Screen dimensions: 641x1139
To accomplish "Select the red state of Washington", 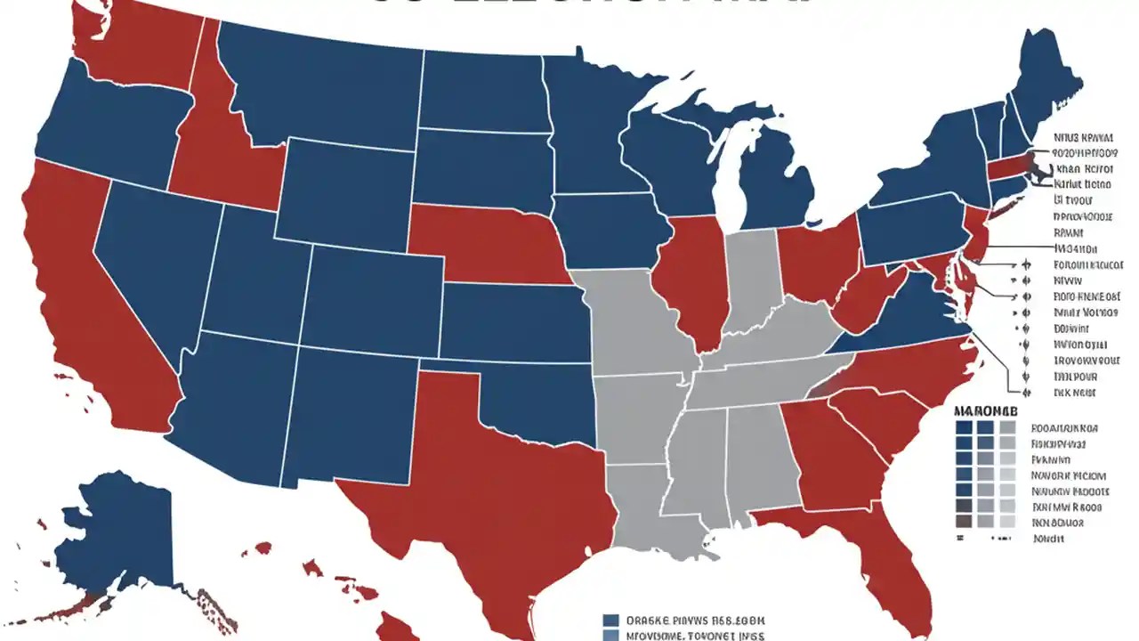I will click(x=133, y=45).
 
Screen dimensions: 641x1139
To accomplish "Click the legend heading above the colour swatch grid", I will click(x=984, y=412).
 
